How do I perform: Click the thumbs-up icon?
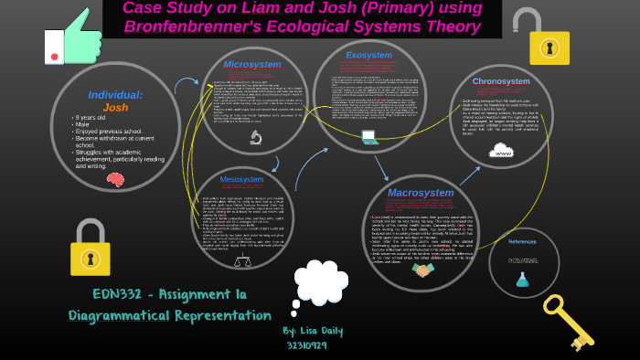[x=73, y=38]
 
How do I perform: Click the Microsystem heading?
[x=252, y=65]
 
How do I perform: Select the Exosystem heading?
[x=368, y=55]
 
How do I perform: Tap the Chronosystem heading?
[x=501, y=81]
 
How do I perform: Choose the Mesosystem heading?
[x=241, y=179]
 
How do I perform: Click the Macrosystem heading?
[x=420, y=193]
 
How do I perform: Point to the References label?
[x=523, y=241]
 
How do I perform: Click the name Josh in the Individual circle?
[x=115, y=107]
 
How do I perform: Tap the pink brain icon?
[x=115, y=179]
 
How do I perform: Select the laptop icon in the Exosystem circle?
[x=369, y=138]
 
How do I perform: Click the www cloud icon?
[x=501, y=150]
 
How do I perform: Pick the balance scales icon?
[x=242, y=261]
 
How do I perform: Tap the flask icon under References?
[x=522, y=280]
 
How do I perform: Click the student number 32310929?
[x=306, y=345]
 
